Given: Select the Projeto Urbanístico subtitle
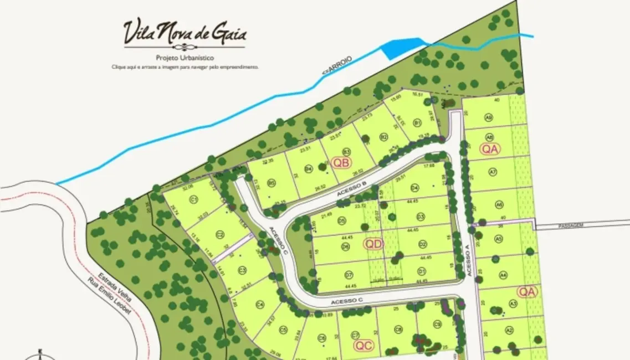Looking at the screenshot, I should click(185, 58).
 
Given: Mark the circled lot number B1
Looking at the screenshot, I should click(418, 122).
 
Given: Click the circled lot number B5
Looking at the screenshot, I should click(272, 182).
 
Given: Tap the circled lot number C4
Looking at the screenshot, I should click(259, 304).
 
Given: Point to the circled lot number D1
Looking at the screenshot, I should click(422, 271).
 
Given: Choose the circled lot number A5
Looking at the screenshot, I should click(499, 239).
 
